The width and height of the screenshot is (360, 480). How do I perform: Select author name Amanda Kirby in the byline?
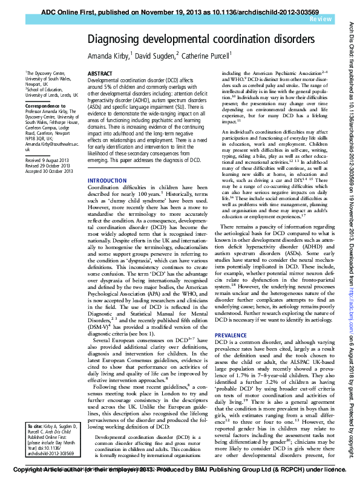point(109,56)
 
